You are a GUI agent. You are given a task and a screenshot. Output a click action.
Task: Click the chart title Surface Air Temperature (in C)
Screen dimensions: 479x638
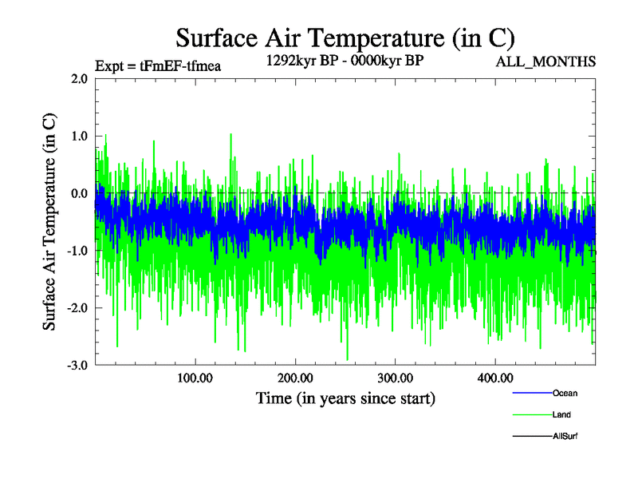pyautogui.click(x=345, y=38)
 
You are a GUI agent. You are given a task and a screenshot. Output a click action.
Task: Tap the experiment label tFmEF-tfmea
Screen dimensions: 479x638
pyautogui.click(x=157, y=66)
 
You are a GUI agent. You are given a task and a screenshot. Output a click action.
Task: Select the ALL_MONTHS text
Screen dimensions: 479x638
pyautogui.click(x=546, y=61)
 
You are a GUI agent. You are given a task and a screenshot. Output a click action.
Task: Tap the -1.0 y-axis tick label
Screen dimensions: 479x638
pyautogui.click(x=77, y=251)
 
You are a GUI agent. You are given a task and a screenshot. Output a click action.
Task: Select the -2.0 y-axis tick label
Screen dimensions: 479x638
pyautogui.click(x=77, y=308)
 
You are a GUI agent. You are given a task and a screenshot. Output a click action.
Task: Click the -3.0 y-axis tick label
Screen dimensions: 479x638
pyautogui.click(x=77, y=366)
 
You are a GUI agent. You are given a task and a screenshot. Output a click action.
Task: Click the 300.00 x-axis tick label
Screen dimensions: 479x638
pyautogui.click(x=395, y=378)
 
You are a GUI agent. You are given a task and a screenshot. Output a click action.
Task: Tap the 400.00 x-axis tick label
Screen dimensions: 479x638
pyautogui.click(x=494, y=378)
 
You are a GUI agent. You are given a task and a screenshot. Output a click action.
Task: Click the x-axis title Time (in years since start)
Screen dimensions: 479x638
pyautogui.click(x=345, y=398)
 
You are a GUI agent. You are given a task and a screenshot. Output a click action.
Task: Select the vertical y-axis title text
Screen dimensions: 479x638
pyautogui.click(x=49, y=222)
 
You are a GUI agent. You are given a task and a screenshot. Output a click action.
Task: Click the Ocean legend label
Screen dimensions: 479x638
pyautogui.click(x=565, y=393)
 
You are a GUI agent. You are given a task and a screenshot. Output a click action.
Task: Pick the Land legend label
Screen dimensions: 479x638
pyautogui.click(x=561, y=414)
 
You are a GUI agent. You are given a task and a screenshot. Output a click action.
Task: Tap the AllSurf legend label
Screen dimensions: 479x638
pyautogui.click(x=565, y=436)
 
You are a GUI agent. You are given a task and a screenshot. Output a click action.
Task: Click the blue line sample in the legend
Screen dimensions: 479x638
pyautogui.click(x=531, y=393)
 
